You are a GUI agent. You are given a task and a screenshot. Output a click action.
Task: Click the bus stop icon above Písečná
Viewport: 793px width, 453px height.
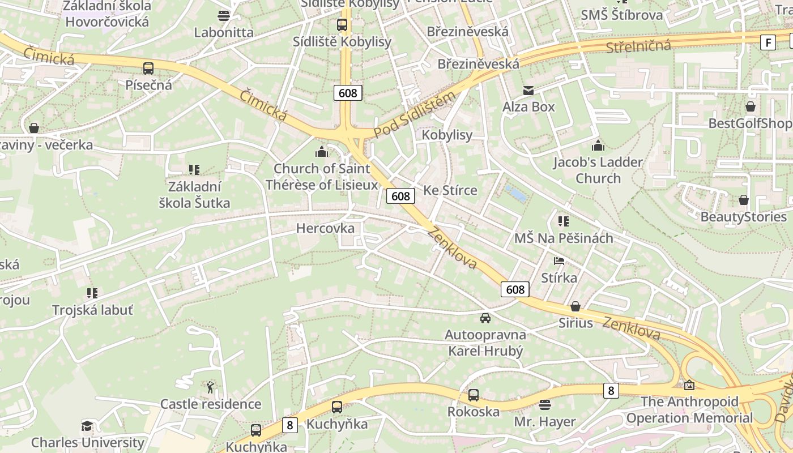(x=148, y=69)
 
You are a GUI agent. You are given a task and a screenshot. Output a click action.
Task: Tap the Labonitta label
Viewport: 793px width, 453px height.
(x=224, y=32)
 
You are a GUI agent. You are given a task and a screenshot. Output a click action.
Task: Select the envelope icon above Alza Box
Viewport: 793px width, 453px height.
(x=528, y=91)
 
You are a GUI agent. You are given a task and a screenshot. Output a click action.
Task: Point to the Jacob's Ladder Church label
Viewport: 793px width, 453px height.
(x=598, y=170)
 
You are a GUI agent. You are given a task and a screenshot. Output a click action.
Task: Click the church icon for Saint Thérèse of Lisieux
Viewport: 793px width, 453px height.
(x=322, y=152)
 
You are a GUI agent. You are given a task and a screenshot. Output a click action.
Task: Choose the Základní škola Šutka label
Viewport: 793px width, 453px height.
(x=194, y=194)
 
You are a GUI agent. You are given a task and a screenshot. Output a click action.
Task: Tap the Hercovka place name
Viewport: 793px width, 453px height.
(x=325, y=228)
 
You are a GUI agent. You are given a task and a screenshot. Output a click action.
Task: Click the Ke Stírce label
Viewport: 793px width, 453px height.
(x=450, y=190)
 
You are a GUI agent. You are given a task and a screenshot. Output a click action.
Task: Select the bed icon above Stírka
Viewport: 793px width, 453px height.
(x=559, y=261)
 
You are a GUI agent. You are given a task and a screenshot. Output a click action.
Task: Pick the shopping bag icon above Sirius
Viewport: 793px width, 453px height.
(x=575, y=306)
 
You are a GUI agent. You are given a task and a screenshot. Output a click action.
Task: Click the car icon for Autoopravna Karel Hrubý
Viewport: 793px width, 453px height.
(x=485, y=318)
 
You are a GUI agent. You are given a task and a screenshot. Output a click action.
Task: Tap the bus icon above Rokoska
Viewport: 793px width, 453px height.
(x=474, y=395)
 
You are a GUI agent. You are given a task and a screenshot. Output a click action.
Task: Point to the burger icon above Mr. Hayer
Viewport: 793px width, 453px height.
(x=545, y=405)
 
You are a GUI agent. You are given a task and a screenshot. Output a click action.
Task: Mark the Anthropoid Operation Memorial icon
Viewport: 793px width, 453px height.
(x=689, y=385)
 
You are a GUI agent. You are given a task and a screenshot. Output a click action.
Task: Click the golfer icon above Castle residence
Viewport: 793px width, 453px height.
(x=211, y=387)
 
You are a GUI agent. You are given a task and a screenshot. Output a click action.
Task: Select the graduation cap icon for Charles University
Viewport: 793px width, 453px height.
(x=87, y=426)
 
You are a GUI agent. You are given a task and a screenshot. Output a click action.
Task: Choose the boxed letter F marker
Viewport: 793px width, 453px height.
(x=768, y=42)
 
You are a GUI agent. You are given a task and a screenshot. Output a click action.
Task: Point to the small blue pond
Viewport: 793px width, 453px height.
(x=516, y=193)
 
